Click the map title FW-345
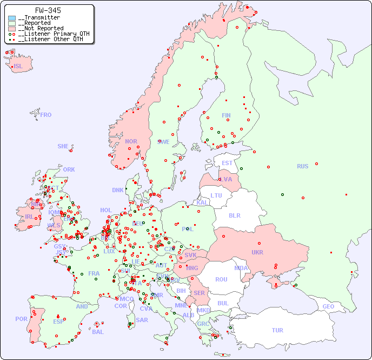pos(48,10)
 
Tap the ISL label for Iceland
pos(18,67)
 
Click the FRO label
pos(46,115)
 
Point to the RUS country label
pos(302,166)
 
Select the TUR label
pos(277,330)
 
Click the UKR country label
pos(257,252)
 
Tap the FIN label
pos(226,115)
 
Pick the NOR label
pos(131,141)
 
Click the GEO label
pos(328,306)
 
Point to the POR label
pos(21,319)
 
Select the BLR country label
pos(235,215)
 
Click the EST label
pos(227,163)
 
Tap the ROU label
pos(221,279)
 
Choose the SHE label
pos(63,146)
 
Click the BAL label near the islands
pos(98,332)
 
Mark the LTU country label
pos(216,195)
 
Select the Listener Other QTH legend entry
pos(50,39)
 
